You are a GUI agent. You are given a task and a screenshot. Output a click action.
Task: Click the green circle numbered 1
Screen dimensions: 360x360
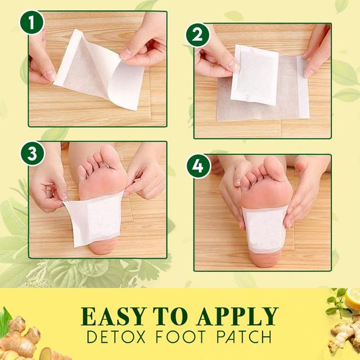[32, 23]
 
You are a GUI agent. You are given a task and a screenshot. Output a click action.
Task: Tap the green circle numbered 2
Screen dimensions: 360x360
[198, 35]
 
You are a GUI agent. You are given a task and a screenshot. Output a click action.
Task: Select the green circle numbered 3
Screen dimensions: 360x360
[32, 154]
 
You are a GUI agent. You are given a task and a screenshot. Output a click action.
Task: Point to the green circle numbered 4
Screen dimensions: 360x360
[198, 166]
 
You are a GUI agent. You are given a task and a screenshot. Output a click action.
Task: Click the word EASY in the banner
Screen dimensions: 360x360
[114, 316]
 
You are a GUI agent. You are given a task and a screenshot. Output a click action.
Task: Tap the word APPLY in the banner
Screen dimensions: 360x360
[237, 316]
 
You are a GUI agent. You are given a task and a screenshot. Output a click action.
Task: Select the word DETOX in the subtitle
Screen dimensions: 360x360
[117, 337]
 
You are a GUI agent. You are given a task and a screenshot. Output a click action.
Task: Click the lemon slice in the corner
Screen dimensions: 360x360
[353, 298]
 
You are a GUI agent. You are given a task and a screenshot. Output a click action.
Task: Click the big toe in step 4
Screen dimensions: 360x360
[273, 167]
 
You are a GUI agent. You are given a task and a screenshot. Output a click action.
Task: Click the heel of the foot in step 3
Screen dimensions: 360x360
[103, 247]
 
